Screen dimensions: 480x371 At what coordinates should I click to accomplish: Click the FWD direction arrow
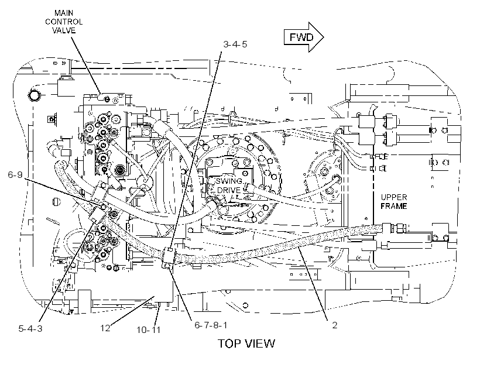[303, 37]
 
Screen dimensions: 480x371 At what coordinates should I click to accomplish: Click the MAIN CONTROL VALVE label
[64, 22]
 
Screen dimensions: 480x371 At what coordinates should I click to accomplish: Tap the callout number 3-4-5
[235, 44]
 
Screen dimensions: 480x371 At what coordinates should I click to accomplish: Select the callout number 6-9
[15, 174]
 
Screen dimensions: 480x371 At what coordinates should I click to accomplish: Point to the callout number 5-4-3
[30, 329]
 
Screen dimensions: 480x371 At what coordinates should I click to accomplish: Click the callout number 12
[105, 328]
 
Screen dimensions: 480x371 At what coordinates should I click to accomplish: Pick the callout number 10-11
[149, 330]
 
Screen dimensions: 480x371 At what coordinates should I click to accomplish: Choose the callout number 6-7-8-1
[211, 325]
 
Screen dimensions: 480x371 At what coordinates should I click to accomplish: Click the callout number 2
[335, 325]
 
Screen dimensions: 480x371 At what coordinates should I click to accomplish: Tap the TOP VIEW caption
[246, 343]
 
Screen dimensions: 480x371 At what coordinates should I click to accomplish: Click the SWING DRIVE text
[229, 185]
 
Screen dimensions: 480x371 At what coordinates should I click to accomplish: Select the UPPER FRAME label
[394, 201]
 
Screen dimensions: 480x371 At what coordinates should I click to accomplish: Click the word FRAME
[394, 206]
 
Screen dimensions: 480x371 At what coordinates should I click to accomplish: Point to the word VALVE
[64, 30]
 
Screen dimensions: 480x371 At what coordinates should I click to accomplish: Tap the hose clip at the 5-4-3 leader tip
[95, 214]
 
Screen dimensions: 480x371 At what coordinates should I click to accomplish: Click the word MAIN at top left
[64, 13]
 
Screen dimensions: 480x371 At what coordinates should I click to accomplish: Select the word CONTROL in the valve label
[64, 22]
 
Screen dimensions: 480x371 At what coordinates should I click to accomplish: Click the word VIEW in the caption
[261, 343]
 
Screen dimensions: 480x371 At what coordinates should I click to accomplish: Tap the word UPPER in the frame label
[394, 197]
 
